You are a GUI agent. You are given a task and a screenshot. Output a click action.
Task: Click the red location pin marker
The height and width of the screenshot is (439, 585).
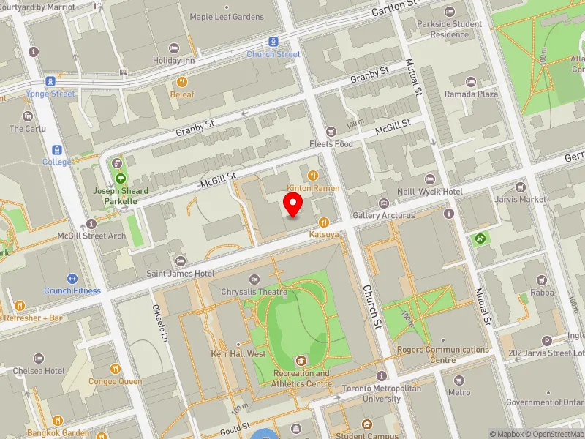(x=293, y=204)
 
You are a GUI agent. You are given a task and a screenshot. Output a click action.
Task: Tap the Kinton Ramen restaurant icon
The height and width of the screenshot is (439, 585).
(x=313, y=175)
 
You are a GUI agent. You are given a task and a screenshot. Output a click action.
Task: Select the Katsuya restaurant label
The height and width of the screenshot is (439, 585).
(x=323, y=234)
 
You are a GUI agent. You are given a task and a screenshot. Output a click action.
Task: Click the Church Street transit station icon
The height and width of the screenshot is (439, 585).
(x=273, y=42)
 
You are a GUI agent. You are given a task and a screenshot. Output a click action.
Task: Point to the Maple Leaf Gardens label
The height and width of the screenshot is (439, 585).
(x=226, y=17)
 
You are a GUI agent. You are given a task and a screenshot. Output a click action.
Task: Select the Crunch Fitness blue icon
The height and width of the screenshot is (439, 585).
(x=72, y=278)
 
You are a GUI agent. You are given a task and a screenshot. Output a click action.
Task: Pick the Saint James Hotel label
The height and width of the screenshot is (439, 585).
(x=180, y=274)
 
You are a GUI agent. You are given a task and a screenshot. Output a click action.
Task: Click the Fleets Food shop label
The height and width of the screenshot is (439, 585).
(x=331, y=144)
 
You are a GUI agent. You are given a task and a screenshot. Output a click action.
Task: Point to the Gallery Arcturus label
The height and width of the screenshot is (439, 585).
(x=383, y=215)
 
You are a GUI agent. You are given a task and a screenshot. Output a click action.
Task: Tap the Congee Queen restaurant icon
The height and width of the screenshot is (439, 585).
(x=115, y=369)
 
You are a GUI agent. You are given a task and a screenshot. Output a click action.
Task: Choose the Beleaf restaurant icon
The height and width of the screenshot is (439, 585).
(x=181, y=82)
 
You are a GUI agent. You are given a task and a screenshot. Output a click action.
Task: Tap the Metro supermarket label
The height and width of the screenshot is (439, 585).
(x=458, y=393)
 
